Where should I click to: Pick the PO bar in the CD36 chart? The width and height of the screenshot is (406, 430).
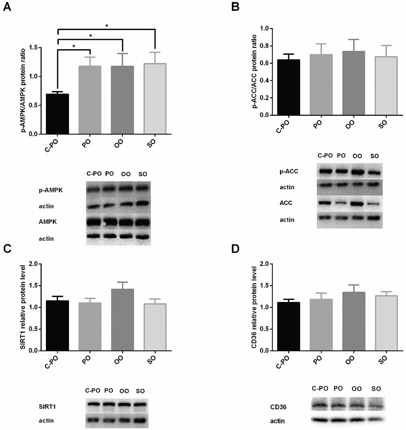point(321,325)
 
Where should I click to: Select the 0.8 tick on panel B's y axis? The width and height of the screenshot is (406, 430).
point(264,46)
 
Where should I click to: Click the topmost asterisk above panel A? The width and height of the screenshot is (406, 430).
point(107,26)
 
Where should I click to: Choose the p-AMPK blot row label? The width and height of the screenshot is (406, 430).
point(51,190)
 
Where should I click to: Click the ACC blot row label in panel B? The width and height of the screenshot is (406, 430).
point(286,203)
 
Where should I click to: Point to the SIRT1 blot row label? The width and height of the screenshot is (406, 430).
point(47,407)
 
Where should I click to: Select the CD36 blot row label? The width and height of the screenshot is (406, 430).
point(278,407)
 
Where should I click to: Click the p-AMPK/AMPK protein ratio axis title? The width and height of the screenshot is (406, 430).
point(23,90)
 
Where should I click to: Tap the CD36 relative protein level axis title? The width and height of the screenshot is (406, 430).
point(254,307)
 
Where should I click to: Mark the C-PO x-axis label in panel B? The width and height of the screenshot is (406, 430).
point(283,127)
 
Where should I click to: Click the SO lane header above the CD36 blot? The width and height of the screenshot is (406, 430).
point(376,388)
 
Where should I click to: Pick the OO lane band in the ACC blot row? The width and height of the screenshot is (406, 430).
point(357,204)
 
